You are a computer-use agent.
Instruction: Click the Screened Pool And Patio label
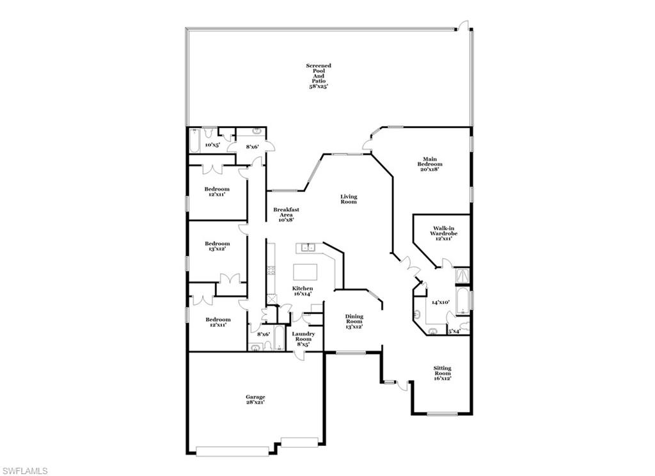[x=318, y=75]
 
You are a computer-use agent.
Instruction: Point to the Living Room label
[x=348, y=199]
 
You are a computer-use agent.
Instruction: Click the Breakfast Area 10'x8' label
[x=286, y=214]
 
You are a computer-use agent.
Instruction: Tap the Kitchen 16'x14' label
[x=303, y=291]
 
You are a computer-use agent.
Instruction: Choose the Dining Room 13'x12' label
[x=354, y=321]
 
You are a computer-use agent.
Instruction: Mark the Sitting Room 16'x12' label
[x=442, y=373]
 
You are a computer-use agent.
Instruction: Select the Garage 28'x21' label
[x=255, y=399]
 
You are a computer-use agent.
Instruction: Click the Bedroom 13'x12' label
[x=217, y=246]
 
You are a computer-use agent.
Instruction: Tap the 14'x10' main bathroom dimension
[x=441, y=302]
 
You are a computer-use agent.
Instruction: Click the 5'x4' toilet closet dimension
[x=454, y=331]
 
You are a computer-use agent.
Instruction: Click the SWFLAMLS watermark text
[x=24, y=471]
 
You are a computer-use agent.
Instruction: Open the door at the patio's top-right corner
[x=462, y=26]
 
